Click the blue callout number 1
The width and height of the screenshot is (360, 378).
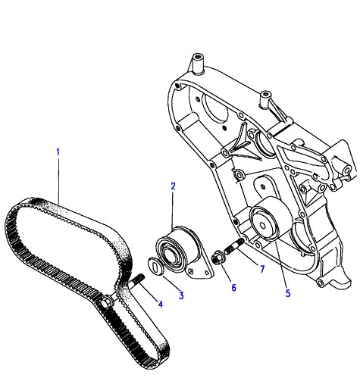tap(58, 152)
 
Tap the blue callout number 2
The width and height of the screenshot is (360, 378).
tap(173, 186)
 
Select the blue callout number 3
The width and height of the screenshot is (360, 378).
tap(181, 295)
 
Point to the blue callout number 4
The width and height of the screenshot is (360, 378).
tap(161, 304)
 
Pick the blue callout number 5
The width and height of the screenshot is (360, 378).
tap(288, 293)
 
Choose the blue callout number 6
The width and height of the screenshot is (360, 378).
tap(234, 288)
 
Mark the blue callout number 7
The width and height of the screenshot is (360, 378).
tap(262, 269)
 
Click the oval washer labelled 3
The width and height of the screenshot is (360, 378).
tap(156, 266)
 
